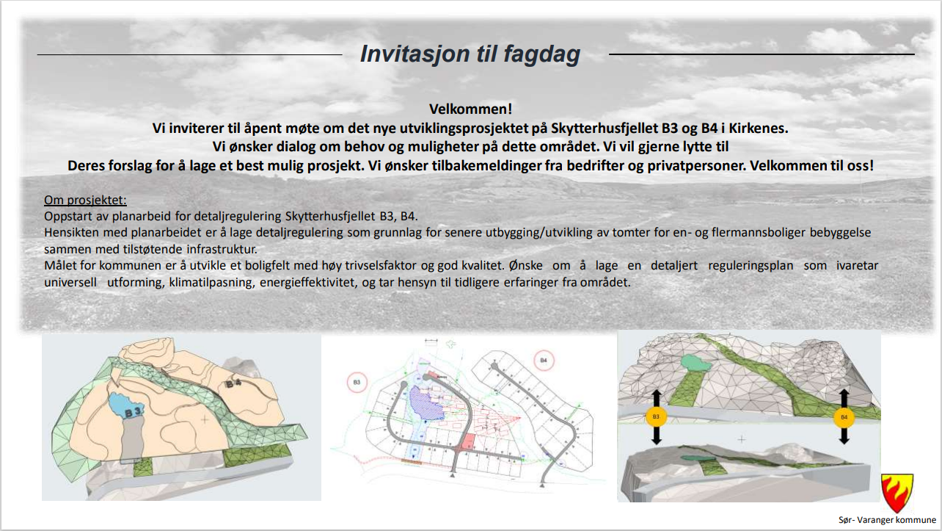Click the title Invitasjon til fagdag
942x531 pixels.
pos(470,54)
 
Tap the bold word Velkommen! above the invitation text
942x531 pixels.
pos(470,109)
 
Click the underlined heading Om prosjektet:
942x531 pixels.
pos(85,200)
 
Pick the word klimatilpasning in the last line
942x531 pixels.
pos(212,282)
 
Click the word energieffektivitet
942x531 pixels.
pos(309,282)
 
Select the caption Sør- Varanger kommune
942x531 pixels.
pos(887,520)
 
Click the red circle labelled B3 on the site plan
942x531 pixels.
pos(357,383)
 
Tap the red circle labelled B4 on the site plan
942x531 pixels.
pos(544,361)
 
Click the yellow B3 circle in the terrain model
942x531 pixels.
pos(656,417)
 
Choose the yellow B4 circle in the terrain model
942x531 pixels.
pos(844,417)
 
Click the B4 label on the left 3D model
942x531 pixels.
pos(233,383)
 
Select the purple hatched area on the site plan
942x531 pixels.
pos(426,403)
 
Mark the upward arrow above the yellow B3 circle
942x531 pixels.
pos(656,397)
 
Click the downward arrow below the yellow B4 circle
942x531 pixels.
pos(844,436)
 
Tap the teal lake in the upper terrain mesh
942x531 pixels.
pos(696,363)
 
